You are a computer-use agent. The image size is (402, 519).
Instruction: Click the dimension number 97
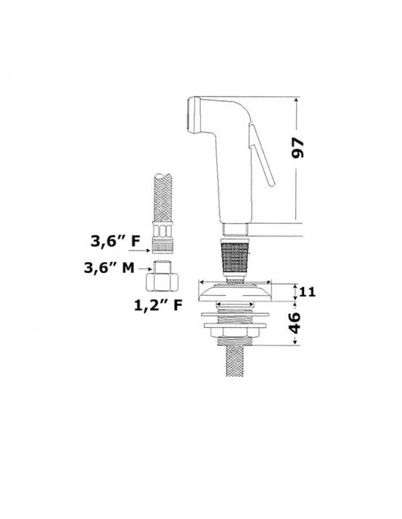[297, 148]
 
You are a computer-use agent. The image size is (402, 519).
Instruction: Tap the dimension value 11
[308, 291]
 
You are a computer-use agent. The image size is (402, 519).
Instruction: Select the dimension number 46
[294, 323]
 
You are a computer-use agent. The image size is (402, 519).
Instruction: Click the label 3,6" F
[116, 242]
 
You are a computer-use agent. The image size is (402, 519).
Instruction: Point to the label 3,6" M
[109, 267]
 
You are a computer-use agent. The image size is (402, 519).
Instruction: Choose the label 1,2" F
[158, 305]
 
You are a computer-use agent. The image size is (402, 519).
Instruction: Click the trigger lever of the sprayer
[261, 155]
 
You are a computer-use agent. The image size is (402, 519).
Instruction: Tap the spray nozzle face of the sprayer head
[190, 114]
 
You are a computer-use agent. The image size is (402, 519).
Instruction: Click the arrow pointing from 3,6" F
[140, 251]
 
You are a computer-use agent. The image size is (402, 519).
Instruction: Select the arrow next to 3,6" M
[144, 268]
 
